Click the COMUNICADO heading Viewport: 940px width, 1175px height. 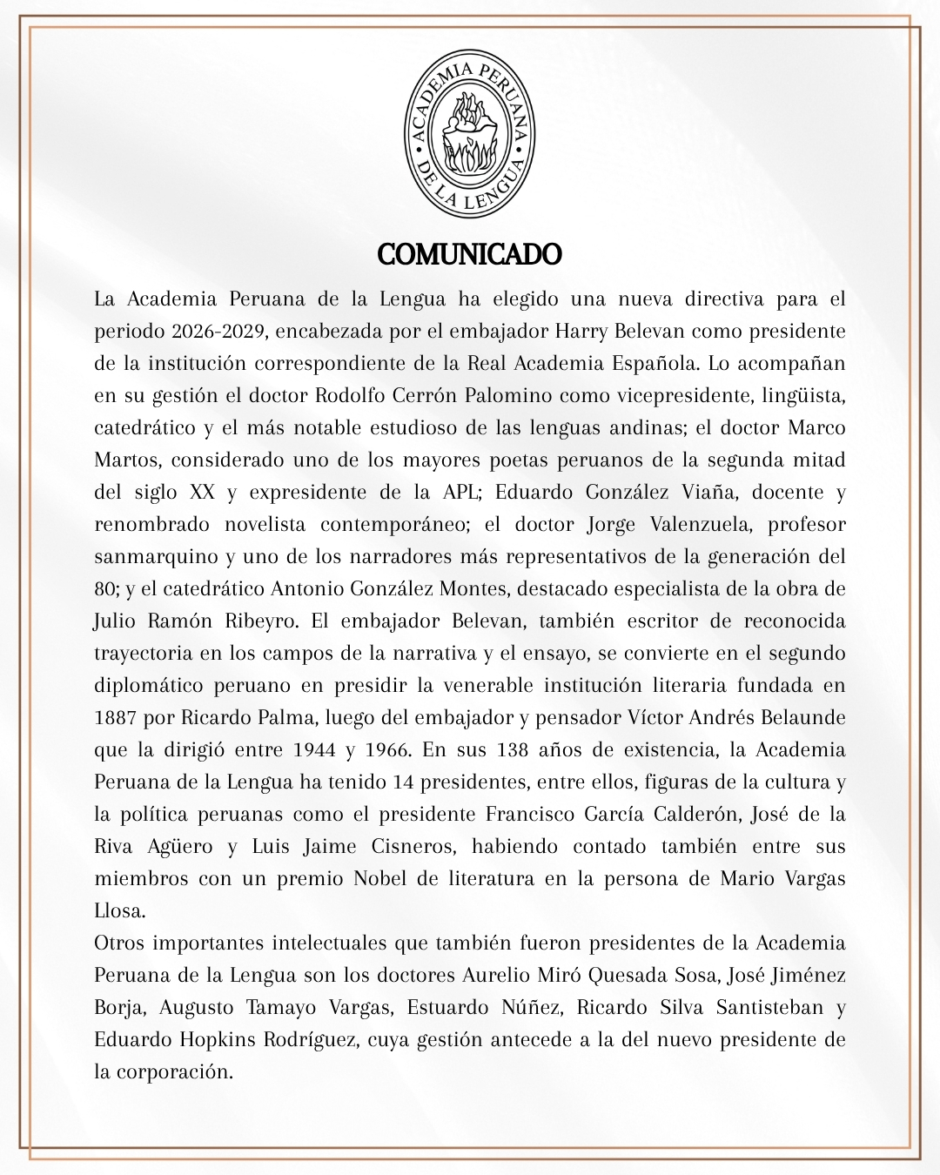tap(470, 254)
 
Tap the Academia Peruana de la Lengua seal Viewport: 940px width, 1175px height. tap(470, 132)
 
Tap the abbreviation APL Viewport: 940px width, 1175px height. tap(455, 493)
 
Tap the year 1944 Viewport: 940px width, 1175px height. tap(325, 750)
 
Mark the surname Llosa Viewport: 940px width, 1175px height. tap(117, 911)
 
